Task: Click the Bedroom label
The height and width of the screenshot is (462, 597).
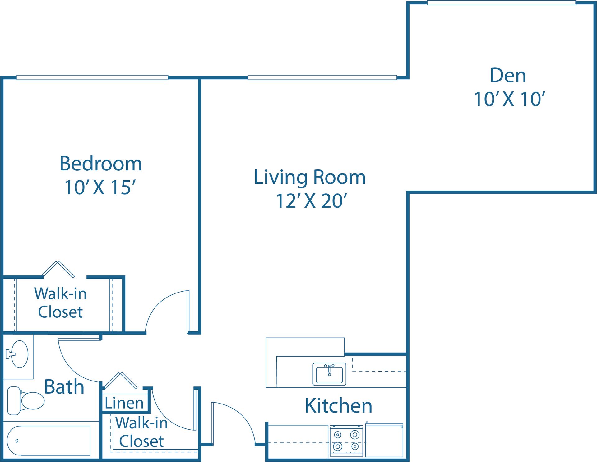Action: click(101, 164)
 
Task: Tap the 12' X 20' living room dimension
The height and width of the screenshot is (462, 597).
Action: click(311, 201)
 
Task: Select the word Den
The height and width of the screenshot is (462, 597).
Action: click(508, 76)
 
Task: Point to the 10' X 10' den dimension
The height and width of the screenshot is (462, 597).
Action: click(509, 99)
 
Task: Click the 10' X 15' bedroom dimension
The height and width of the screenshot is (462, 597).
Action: click(100, 187)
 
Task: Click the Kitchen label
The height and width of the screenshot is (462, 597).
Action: click(338, 406)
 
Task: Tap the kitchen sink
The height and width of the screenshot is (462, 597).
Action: click(329, 374)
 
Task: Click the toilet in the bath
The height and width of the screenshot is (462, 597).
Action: click(26, 401)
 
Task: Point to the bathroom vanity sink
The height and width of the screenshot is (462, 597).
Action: click(19, 354)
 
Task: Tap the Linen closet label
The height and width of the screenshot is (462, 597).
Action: click(124, 403)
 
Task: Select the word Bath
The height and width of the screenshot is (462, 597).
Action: click(64, 387)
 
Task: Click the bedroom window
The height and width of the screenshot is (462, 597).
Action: click(92, 77)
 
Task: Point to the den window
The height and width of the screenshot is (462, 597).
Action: click(501, 3)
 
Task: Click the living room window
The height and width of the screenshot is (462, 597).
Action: click(322, 77)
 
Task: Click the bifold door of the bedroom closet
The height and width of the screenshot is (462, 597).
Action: click(58, 269)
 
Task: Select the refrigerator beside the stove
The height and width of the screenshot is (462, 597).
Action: click(384, 441)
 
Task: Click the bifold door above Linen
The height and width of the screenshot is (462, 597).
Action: click(120, 380)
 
